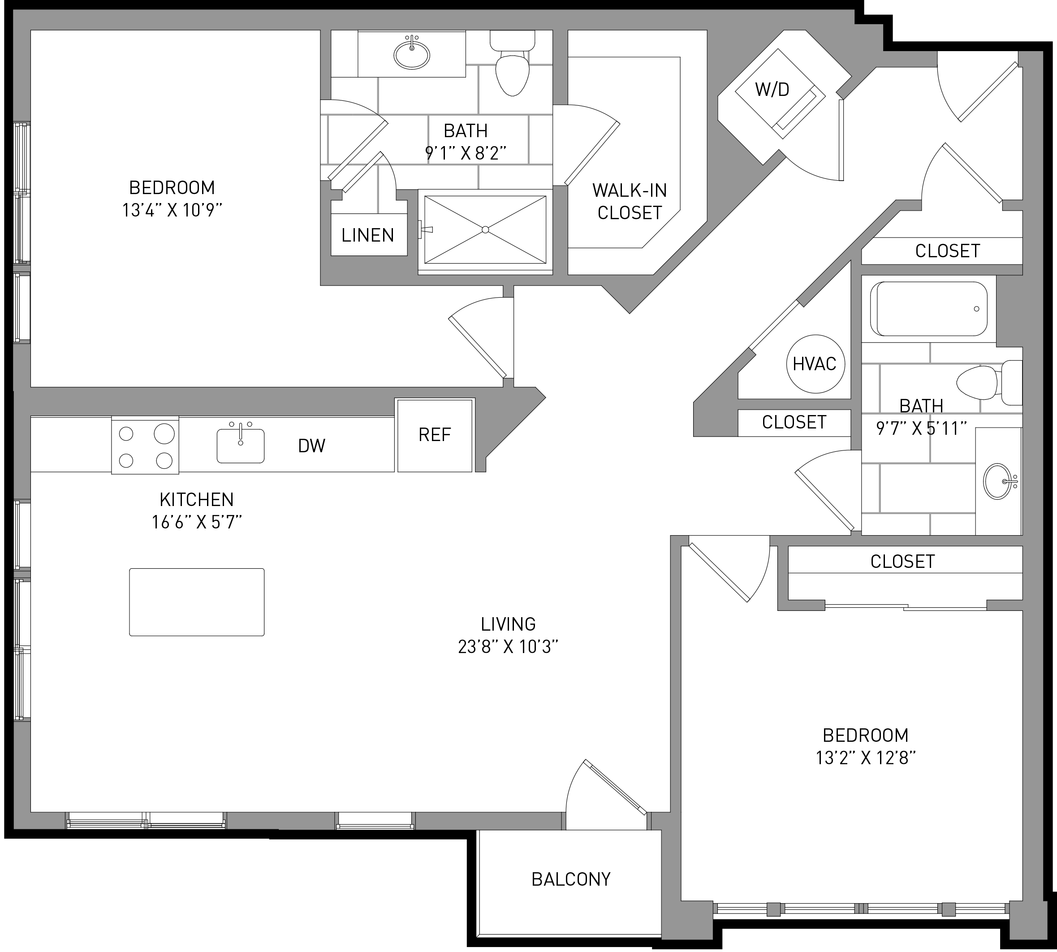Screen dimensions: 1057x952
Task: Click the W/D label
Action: [x=772, y=90]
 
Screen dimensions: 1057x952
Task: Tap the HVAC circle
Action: [x=815, y=363]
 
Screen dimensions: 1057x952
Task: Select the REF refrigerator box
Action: [x=435, y=435]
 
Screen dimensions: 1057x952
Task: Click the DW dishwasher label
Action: [x=312, y=446]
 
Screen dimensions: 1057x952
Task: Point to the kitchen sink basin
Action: [x=241, y=446]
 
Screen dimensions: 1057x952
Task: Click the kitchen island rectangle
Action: [x=197, y=602]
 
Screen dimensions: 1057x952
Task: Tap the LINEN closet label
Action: [x=368, y=235]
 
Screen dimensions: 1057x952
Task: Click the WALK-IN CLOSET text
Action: [x=630, y=201]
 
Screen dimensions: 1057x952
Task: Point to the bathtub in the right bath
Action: [x=928, y=309]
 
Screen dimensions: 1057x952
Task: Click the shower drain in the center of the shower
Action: [x=485, y=229]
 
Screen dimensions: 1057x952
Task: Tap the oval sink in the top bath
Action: [x=412, y=54]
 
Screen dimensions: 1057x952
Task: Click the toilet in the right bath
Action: [x=989, y=382]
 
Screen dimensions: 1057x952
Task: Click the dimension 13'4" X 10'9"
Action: [x=172, y=210]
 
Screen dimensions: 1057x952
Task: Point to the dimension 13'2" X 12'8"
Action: [x=866, y=758]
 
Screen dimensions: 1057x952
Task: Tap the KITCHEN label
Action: [x=197, y=500]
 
